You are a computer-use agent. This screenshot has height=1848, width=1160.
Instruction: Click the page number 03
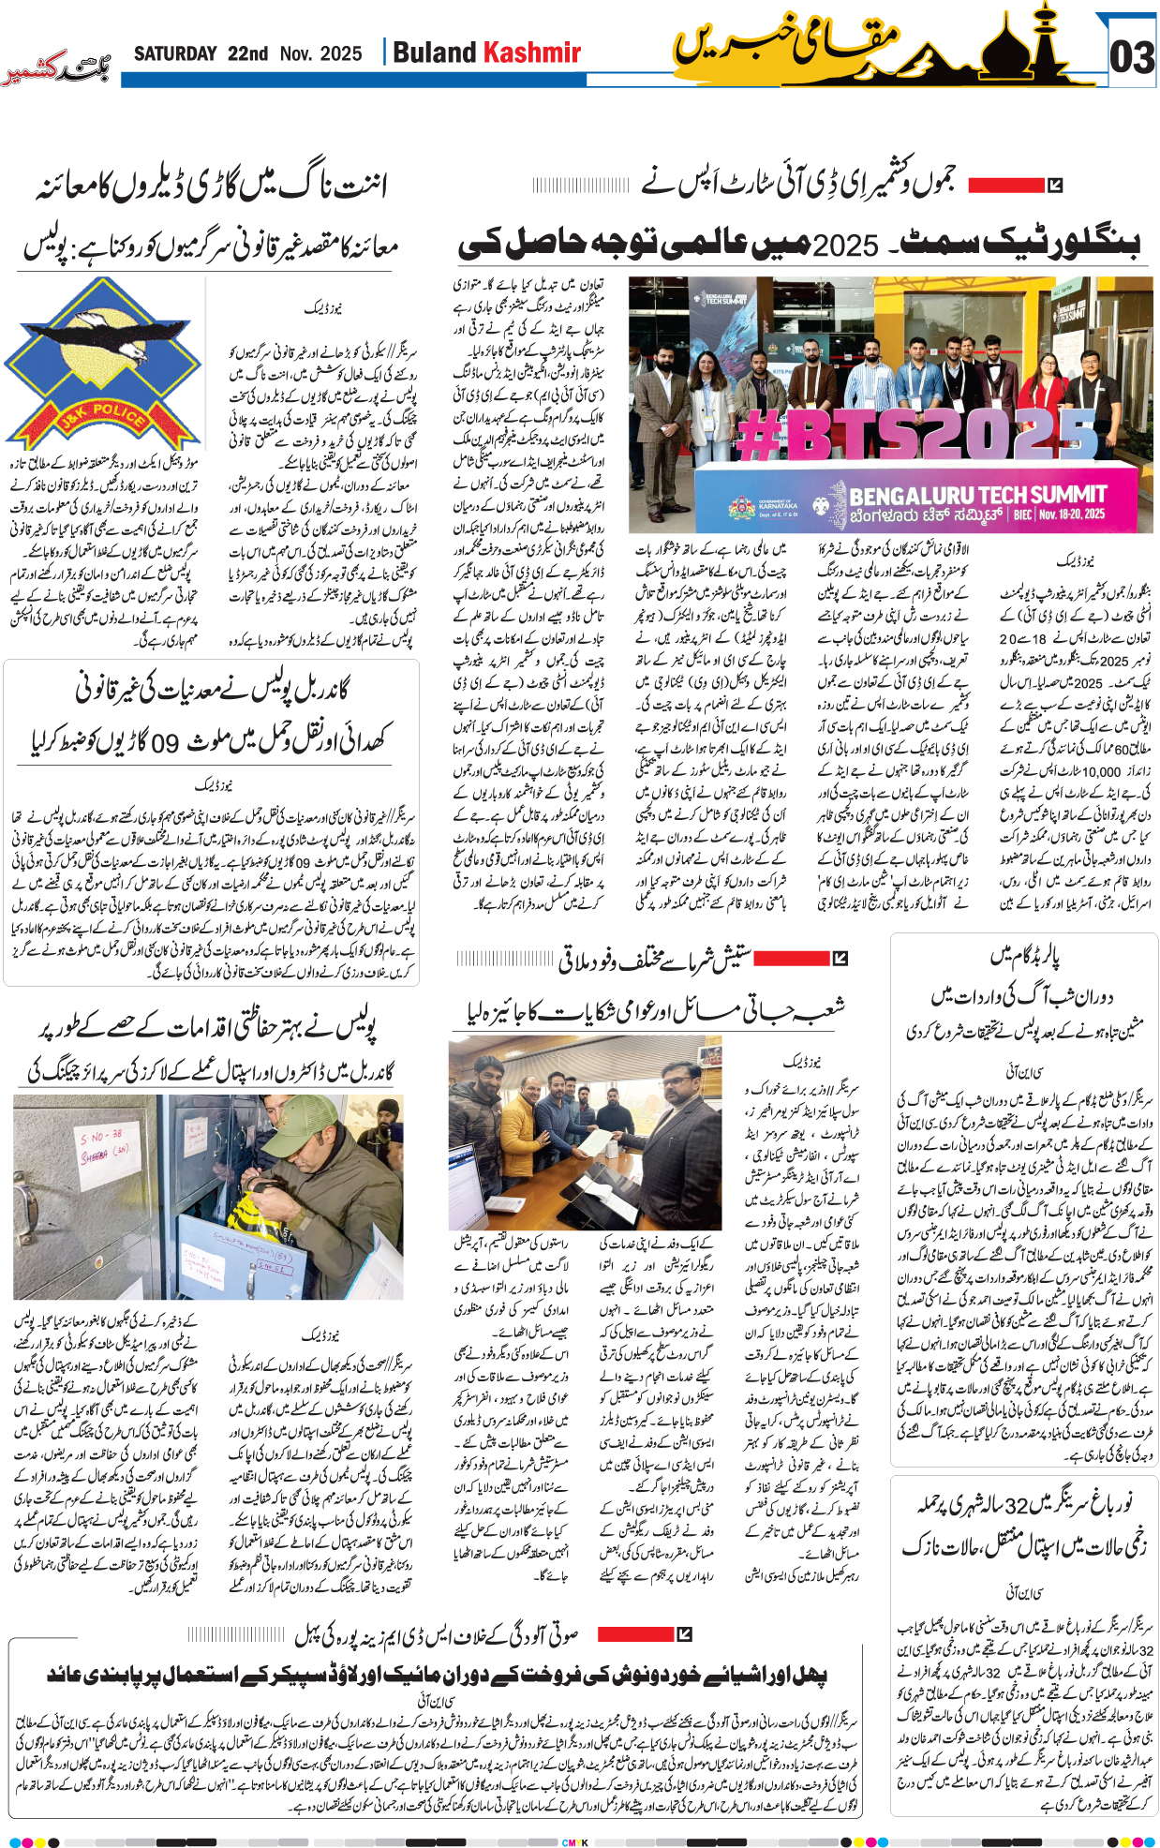[1131, 58]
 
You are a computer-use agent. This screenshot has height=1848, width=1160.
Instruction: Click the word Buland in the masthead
[434, 52]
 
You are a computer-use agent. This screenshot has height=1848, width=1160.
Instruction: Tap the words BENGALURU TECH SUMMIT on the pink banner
[978, 495]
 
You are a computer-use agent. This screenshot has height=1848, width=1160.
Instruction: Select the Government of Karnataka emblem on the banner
[742, 508]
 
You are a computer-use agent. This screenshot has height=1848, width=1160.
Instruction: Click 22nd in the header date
[247, 54]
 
